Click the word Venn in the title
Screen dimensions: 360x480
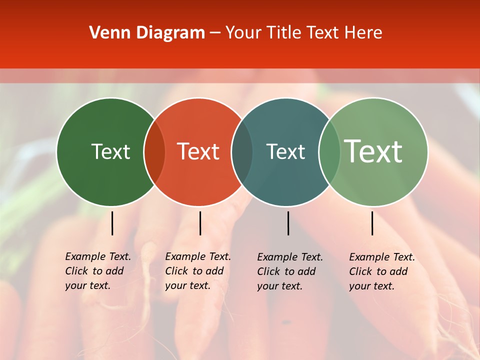pyautogui.click(x=105, y=33)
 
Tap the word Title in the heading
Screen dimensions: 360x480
pyautogui.click(x=283, y=33)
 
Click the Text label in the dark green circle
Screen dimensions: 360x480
pyautogui.click(x=110, y=151)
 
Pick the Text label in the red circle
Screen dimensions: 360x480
pyautogui.click(x=198, y=151)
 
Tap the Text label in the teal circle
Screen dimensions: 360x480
pyautogui.click(x=285, y=151)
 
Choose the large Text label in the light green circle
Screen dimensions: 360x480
pyautogui.click(x=373, y=151)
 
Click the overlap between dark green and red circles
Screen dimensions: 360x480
pyautogui.click(x=154, y=152)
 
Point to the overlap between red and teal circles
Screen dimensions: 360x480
pyautogui.click(x=242, y=152)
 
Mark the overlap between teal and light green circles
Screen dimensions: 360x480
pyautogui.click(x=329, y=152)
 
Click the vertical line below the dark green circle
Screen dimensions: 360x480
pyautogui.click(x=112, y=223)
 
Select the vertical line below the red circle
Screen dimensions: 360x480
pyautogui.click(x=200, y=223)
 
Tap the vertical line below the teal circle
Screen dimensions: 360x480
pyautogui.click(x=288, y=223)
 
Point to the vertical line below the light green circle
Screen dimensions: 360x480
pyautogui.click(x=372, y=223)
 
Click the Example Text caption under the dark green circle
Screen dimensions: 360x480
pyautogui.click(x=97, y=271)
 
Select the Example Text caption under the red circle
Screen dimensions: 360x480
pyautogui.click(x=197, y=271)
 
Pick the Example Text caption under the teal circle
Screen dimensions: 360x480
pyautogui.click(x=289, y=271)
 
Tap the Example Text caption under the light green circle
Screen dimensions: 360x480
pyautogui.click(x=381, y=271)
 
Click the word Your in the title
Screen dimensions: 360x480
pyautogui.click(x=243, y=33)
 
